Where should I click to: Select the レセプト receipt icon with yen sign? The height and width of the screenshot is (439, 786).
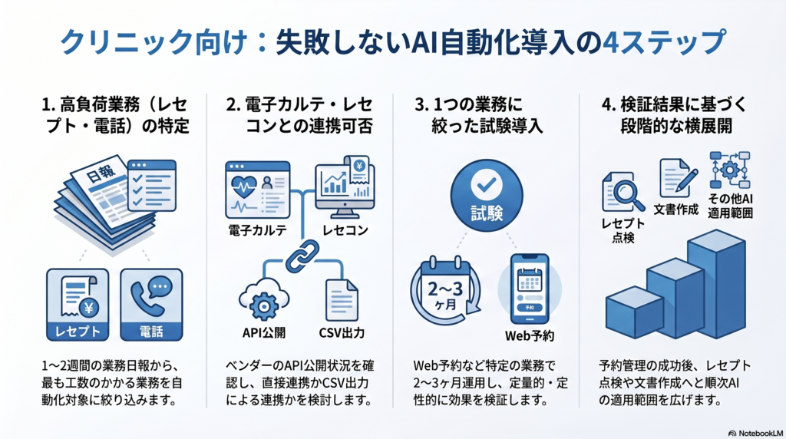pyautogui.click(x=77, y=295)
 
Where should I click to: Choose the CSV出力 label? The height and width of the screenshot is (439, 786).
pyautogui.click(x=342, y=333)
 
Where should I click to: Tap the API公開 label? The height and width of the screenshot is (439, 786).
pyautogui.click(x=263, y=333)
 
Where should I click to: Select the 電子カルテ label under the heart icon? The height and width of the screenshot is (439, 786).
pyautogui.click(x=258, y=230)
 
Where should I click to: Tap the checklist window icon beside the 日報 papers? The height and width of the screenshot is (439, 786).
pyautogui.click(x=152, y=185)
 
